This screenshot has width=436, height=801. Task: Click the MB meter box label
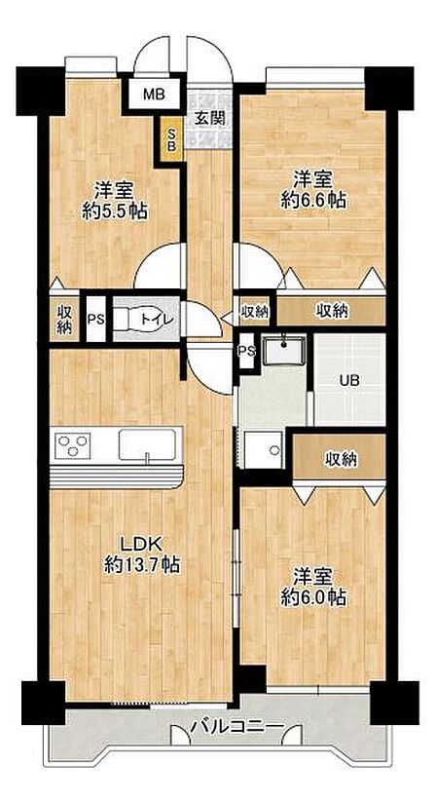coord(153,95)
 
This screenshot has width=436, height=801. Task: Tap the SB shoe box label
coord(172,138)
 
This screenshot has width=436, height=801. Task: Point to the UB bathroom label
coord(349,380)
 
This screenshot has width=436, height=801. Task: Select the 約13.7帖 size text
coord(141,564)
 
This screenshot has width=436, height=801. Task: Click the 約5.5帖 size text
coord(115,210)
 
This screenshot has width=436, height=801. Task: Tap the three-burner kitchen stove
coord(73,445)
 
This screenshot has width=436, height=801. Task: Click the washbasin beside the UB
coord(283,351)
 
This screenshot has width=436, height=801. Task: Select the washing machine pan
coord(264,449)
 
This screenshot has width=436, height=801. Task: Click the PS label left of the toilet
coord(95,320)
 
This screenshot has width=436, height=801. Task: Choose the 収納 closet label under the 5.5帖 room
coord(63,319)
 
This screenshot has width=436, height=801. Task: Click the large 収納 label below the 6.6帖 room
coord(332,311)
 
